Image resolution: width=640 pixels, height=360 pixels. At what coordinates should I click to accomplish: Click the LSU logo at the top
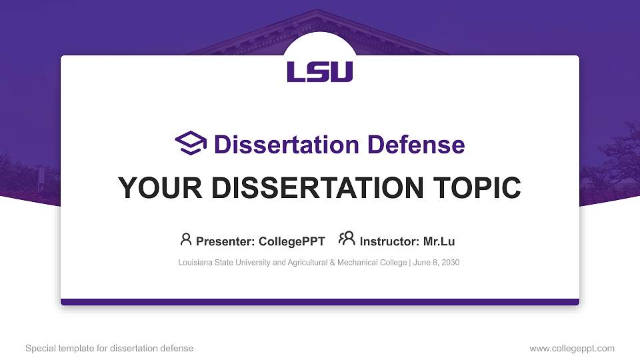pyautogui.click(x=320, y=71)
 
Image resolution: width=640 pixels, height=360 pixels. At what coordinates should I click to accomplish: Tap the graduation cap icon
pyautogui.click(x=191, y=143)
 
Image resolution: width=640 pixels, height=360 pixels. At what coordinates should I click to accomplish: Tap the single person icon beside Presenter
pyautogui.click(x=186, y=239)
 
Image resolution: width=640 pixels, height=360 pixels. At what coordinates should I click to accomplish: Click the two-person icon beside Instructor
pyautogui.click(x=347, y=239)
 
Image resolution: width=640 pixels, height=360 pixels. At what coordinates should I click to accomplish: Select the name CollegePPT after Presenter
pyautogui.click(x=292, y=241)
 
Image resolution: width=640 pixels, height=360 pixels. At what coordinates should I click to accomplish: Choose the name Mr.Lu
pyautogui.click(x=439, y=241)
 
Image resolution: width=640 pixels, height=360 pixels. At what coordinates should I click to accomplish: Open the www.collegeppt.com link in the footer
pyautogui.click(x=571, y=348)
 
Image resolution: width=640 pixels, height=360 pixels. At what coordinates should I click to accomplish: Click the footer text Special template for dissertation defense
pyautogui.click(x=109, y=348)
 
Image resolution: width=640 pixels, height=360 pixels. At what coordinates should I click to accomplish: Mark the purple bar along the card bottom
pyautogui.click(x=320, y=302)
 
